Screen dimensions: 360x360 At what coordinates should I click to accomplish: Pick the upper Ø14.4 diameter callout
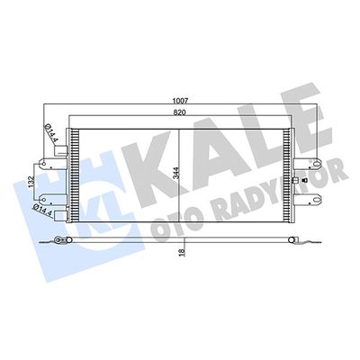click(x=53, y=136)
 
